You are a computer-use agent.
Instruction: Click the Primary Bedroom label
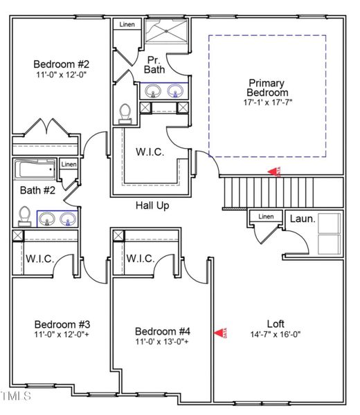tap(267, 88)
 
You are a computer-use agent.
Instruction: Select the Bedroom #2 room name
tap(57, 64)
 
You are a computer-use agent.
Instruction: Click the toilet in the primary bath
tap(125, 111)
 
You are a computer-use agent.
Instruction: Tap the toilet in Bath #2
tap(24, 216)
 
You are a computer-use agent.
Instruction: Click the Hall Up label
tap(152, 205)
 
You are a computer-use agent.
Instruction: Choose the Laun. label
tap(302, 219)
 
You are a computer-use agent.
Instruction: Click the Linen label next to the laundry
tap(266, 216)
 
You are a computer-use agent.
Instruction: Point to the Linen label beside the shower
tap(127, 25)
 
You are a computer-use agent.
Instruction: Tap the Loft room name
tap(276, 323)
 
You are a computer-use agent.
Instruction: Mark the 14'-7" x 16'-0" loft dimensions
tap(276, 334)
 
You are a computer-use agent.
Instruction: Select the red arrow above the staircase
tap(275, 172)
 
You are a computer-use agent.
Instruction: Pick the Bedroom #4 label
tap(162, 330)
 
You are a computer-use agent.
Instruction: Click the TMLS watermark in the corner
tap(16, 396)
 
